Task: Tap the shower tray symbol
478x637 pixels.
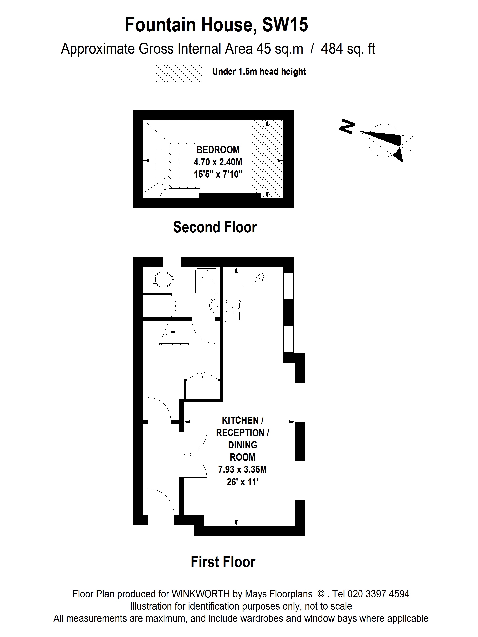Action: click(x=206, y=281)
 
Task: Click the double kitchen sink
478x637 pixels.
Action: click(x=233, y=311)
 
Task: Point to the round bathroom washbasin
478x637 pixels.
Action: click(x=214, y=305)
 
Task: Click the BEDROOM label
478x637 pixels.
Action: click(x=218, y=150)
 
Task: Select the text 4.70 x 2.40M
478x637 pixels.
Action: click(x=218, y=162)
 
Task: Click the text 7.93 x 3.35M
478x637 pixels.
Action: click(x=242, y=470)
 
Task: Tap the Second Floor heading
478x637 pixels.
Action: click(x=215, y=227)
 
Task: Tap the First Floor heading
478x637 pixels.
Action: click(x=223, y=562)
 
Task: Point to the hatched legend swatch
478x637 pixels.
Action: click(x=179, y=72)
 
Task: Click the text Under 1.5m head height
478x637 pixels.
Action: click(x=259, y=72)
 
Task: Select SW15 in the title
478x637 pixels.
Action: click(x=285, y=25)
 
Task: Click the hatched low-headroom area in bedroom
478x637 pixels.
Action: click(x=267, y=158)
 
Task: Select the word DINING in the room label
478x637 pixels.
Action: click(x=242, y=445)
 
